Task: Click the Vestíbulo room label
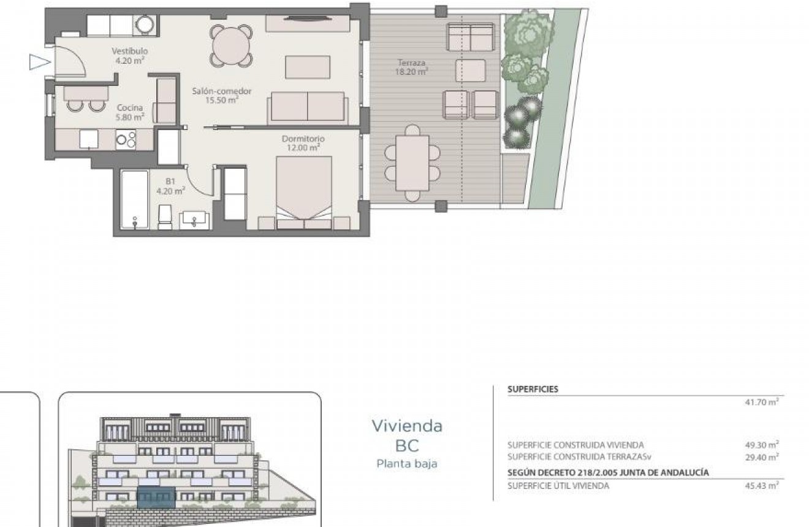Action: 129,56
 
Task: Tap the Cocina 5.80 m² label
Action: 130,112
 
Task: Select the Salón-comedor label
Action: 221,95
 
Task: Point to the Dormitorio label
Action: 303,143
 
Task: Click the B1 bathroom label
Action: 170,186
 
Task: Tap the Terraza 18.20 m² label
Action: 411,67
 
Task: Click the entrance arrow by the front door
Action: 38,61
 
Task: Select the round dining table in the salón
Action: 232,45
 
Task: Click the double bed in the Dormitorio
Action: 304,191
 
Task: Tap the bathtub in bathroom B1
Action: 134,200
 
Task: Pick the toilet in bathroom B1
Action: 165,217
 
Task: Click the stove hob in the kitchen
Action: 126,139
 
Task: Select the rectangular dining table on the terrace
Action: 412,158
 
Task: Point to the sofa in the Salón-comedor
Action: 307,108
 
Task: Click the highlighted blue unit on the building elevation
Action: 156,497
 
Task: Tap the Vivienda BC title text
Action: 407,435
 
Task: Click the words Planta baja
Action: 406,464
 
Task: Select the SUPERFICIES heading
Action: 533,389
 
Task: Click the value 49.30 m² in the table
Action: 762,445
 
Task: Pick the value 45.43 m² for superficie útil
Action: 762,486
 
